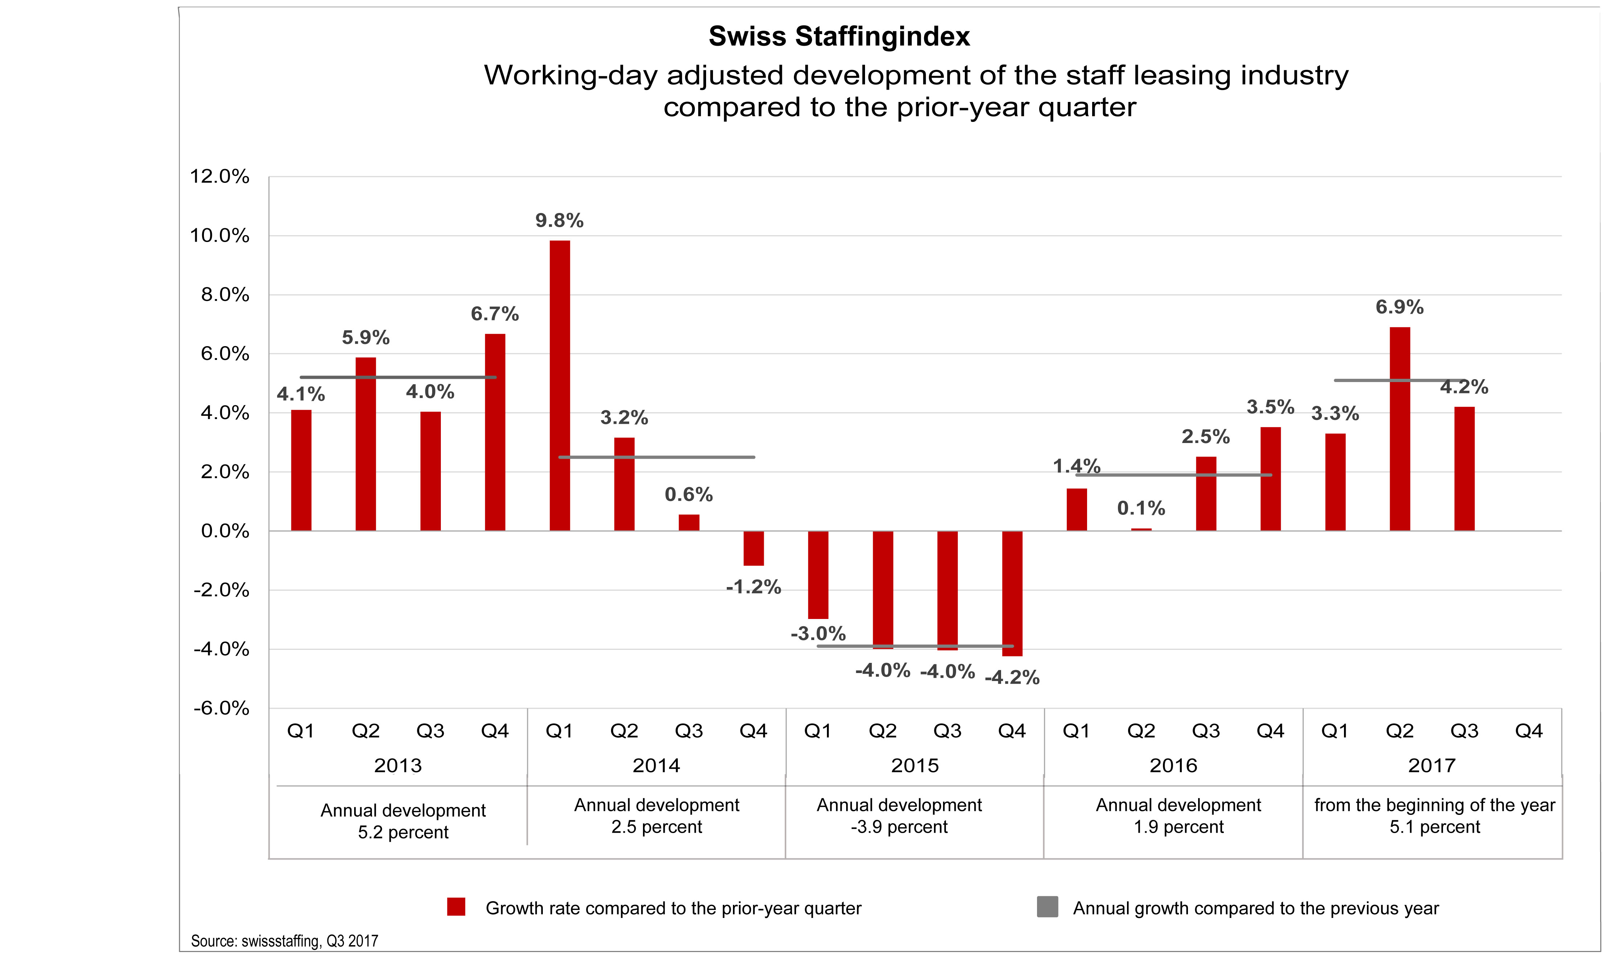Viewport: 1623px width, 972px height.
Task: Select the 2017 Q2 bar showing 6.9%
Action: coord(1399,429)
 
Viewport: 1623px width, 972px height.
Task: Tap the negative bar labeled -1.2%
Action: coord(753,548)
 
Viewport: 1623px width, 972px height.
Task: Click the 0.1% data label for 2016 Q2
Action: coord(1141,508)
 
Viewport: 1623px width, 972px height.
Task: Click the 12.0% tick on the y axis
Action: coord(220,177)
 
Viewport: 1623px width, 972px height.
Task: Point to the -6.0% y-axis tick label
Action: coord(221,709)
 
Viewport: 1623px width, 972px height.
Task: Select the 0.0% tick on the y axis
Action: coord(225,531)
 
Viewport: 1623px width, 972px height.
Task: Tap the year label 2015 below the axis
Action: coord(914,766)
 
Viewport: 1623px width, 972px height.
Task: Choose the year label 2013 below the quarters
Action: coord(398,766)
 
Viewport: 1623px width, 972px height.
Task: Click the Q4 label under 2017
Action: coord(1529,731)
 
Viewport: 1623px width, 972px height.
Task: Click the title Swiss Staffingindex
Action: coord(839,37)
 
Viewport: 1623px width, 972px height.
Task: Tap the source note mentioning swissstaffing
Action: coord(284,941)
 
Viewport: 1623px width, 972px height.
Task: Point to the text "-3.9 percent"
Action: coord(899,827)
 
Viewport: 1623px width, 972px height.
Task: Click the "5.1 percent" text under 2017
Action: coord(1434,827)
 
